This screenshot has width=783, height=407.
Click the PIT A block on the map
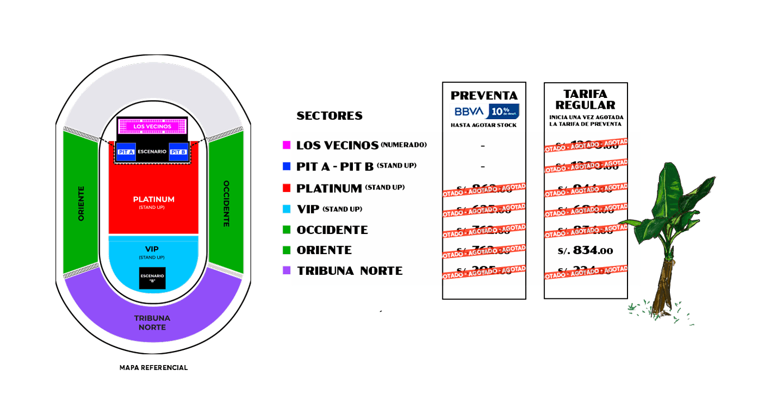tap(126, 152)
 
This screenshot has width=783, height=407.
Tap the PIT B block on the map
tap(178, 152)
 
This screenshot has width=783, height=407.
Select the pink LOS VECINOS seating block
tap(152, 126)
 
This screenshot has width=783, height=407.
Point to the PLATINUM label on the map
tap(154, 200)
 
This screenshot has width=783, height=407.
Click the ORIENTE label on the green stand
tap(81, 203)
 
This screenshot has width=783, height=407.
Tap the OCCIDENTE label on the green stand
tap(226, 203)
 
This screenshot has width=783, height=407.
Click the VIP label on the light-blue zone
tap(152, 249)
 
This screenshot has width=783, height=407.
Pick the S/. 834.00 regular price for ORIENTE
tap(585, 250)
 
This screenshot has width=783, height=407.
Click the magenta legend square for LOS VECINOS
tap(287, 145)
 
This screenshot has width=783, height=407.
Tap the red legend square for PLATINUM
tap(287, 188)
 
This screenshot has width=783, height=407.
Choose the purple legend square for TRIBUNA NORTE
tap(287, 270)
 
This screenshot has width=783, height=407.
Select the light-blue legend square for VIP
tap(287, 209)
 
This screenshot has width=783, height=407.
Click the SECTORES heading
tap(329, 116)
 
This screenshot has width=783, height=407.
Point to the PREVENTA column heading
tap(484, 96)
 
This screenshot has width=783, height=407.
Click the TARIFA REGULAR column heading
tap(586, 100)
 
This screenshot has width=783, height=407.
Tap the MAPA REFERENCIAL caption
tap(153, 368)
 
